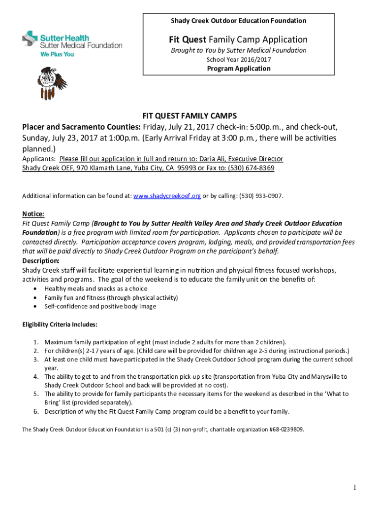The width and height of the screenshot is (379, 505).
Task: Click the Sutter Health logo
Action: (x=72, y=43)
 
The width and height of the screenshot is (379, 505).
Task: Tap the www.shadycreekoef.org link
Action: (x=167, y=196)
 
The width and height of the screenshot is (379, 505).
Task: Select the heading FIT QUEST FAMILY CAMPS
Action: (x=189, y=116)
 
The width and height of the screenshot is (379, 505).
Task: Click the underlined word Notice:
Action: (x=33, y=214)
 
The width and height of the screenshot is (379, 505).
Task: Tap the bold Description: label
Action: (x=41, y=260)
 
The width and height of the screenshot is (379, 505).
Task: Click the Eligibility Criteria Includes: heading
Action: (x=60, y=325)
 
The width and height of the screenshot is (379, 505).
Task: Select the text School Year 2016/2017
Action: (x=239, y=60)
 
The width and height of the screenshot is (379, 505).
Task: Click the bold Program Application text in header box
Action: (x=239, y=69)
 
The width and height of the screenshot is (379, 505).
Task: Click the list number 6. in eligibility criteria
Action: (x=36, y=411)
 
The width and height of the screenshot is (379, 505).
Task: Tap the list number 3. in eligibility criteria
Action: (x=36, y=360)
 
